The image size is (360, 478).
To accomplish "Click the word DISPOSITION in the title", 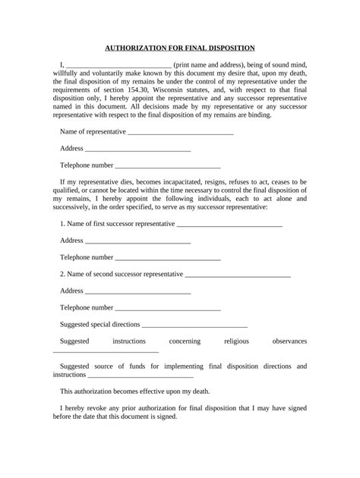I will coord(228,47).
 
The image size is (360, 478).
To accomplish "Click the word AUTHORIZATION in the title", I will coord(130,47).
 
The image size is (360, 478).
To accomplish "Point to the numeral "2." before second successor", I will coord(62,274).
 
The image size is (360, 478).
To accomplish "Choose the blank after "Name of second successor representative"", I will coord(238,275).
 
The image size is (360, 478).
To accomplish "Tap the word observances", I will coord(289,341).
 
